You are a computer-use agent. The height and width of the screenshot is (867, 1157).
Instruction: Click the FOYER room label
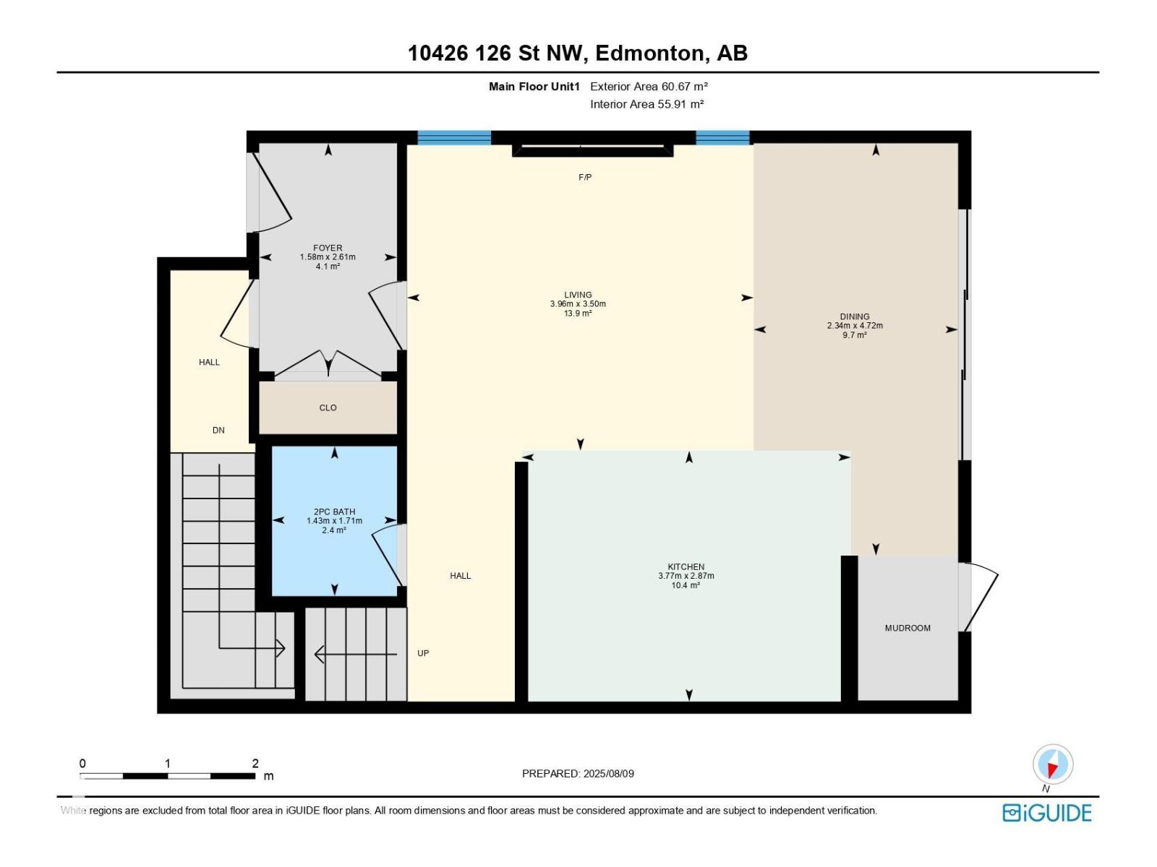(328, 247)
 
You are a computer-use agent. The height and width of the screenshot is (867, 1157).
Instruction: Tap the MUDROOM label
(907, 628)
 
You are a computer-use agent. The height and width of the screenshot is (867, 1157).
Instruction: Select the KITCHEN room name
(686, 566)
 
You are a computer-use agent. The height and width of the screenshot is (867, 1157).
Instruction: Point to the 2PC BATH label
(334, 511)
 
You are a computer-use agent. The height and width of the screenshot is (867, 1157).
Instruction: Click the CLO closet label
(328, 407)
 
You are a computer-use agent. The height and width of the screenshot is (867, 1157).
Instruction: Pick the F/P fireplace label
(584, 178)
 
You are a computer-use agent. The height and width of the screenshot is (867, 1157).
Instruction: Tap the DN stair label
(218, 430)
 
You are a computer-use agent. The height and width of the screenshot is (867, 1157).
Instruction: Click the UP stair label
(423, 652)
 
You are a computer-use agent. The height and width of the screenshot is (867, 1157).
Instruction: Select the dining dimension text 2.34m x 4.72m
(855, 325)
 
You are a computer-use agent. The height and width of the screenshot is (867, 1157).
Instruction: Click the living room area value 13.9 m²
(578, 314)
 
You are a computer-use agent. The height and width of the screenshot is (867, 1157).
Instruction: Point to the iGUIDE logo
(1046, 812)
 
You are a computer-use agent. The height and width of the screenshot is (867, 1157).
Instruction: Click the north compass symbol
(1052, 764)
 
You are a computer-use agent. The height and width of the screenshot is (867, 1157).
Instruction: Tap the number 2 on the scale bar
(255, 763)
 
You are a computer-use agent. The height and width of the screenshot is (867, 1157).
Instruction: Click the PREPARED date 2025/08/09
(607, 773)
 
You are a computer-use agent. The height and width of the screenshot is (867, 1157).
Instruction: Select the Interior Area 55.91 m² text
(646, 104)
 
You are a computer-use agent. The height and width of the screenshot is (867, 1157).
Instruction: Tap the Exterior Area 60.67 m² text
(649, 86)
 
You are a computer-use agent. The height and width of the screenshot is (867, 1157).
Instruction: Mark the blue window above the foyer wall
(454, 137)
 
